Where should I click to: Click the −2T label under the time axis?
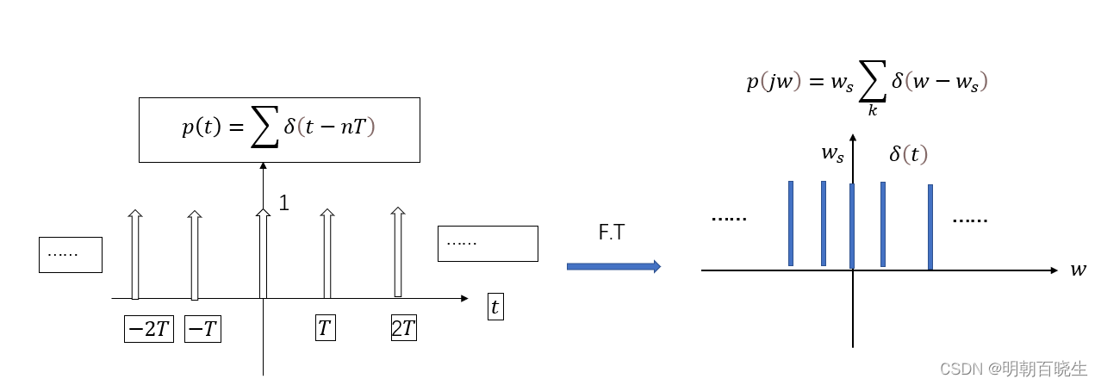coord(149,329)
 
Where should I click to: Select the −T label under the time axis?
coord(202,329)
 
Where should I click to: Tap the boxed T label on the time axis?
coord(325,328)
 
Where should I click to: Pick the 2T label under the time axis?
coord(404,328)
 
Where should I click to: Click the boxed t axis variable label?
coord(495,307)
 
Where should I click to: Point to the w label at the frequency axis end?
coord(1078,270)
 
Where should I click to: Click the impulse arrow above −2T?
coord(134,254)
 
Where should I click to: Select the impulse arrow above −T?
coord(195,254)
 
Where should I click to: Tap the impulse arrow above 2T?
coord(397,251)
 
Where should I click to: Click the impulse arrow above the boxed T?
coord(327,254)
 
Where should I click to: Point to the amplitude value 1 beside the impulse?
coord(283,203)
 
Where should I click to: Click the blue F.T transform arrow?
coord(613,267)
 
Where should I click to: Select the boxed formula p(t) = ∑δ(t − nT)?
coord(279,129)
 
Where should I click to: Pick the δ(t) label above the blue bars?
coord(908,155)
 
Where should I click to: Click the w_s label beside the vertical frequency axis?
coord(831,155)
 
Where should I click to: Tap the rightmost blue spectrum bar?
coord(930,227)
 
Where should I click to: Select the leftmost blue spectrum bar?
coord(791,224)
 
